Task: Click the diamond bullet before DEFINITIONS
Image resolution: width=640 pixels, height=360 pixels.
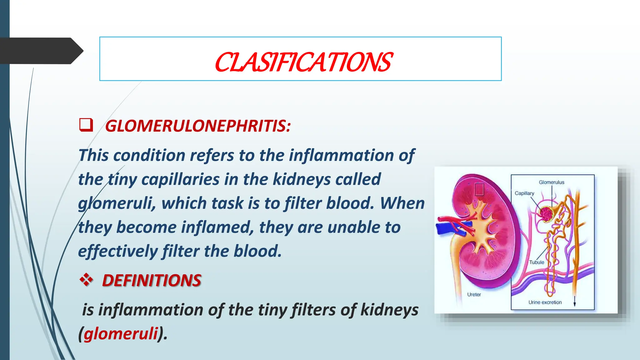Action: click(x=86, y=279)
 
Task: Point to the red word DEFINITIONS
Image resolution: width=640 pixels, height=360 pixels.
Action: click(x=152, y=280)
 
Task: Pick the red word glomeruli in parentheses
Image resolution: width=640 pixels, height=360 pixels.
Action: click(x=121, y=333)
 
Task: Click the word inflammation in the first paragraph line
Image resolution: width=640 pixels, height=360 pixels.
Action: click(x=341, y=155)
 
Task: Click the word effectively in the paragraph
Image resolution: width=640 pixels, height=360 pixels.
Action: click(x=118, y=251)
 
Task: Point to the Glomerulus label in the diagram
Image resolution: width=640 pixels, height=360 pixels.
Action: click(x=551, y=182)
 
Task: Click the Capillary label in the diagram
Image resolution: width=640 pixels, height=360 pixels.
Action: click(x=524, y=193)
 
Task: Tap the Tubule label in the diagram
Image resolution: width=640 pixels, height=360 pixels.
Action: click(x=536, y=262)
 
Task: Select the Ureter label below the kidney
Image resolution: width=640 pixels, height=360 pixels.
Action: click(x=474, y=294)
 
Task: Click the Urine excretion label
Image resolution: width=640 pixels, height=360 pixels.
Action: click(x=545, y=302)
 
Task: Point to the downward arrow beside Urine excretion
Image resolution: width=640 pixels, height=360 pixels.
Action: click(x=574, y=301)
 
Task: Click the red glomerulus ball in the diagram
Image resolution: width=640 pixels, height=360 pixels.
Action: click(x=547, y=214)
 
